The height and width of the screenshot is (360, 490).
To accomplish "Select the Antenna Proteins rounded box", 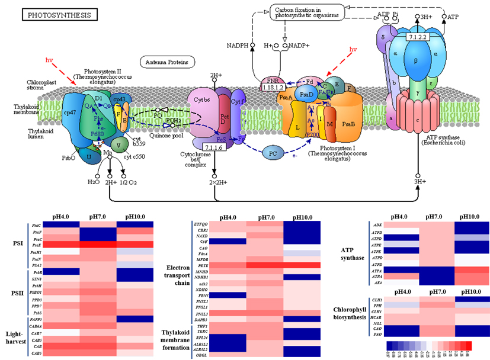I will [x=164, y=62].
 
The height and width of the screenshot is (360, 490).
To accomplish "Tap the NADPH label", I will [x=238, y=45].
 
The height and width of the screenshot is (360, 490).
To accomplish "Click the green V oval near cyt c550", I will [x=121, y=143].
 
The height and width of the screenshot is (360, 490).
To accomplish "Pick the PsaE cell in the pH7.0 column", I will [x=98, y=243].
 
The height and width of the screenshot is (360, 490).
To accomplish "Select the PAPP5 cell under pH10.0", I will [x=135, y=318].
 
